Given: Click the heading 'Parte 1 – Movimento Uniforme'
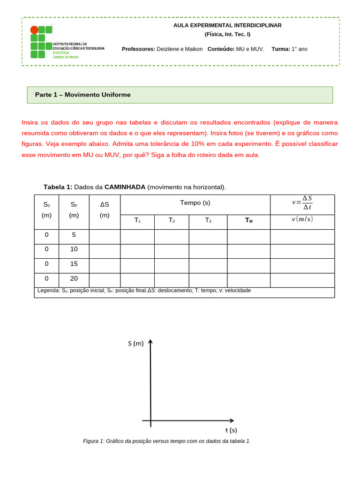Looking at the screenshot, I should pyautogui.click(x=82, y=95).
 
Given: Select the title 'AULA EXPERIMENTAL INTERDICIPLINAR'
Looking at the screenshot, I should pyautogui.click(x=227, y=25).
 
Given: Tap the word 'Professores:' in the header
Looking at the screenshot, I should pyautogui.click(x=138, y=49).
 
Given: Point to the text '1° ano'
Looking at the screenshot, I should pyautogui.click(x=300, y=49).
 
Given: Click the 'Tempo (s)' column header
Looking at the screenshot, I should pyautogui.click(x=195, y=203).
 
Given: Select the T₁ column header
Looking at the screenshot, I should pyautogui.click(x=137, y=220).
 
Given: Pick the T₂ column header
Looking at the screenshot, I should pyautogui.click(x=172, y=220).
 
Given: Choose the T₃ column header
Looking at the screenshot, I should pyautogui.click(x=208, y=220).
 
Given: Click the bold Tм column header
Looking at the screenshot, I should pyautogui.click(x=248, y=220).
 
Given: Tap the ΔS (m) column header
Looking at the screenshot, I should pyautogui.click(x=105, y=210).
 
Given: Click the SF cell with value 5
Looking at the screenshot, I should pyautogui.click(x=74, y=235).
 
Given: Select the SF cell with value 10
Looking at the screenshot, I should pyautogui.click(x=74, y=249).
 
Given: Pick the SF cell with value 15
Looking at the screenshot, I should pyautogui.click(x=74, y=264).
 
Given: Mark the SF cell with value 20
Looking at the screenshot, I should pyautogui.click(x=74, y=278).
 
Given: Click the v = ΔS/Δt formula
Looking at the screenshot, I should pyautogui.click(x=302, y=202).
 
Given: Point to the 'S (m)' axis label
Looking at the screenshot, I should pyautogui.click(x=135, y=344).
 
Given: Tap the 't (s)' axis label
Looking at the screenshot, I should pyautogui.click(x=231, y=430).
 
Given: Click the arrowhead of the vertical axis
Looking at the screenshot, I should pyautogui.click(x=150, y=342).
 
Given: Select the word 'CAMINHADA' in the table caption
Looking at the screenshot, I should pyautogui.click(x=125, y=187).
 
